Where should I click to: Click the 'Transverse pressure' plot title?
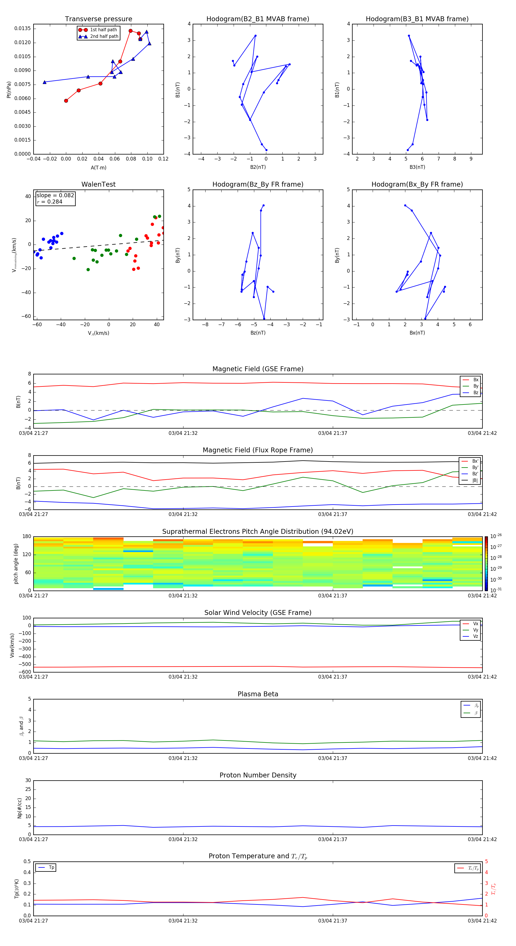[98, 19]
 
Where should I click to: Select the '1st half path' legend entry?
[103, 30]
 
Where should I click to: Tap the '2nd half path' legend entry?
[104, 36]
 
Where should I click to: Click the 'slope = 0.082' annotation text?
[55, 196]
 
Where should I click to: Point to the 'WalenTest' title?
[98, 184]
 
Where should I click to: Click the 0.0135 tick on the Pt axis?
[22, 29]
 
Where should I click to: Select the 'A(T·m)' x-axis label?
[98, 168]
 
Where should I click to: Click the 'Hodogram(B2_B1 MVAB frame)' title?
[257, 19]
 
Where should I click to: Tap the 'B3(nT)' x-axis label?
[417, 167]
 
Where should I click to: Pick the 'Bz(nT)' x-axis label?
[258, 333]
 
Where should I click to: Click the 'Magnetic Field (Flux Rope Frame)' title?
[257, 450]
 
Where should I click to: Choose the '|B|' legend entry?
[475, 480]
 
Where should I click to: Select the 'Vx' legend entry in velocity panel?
[476, 623]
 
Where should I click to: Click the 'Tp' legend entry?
[51, 867]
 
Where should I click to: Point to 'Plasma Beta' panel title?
[257, 694]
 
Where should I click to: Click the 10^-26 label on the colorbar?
[496, 536]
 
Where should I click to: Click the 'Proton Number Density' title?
[257, 775]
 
